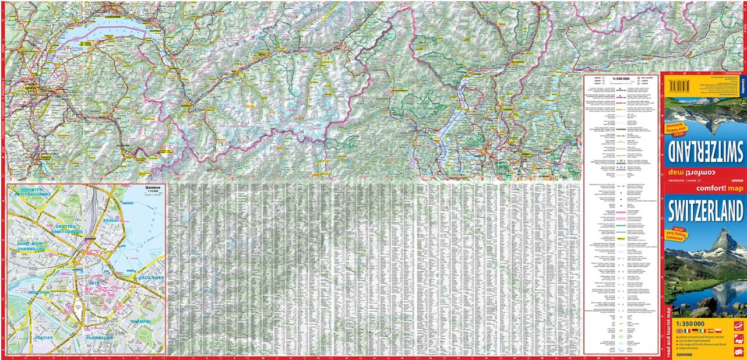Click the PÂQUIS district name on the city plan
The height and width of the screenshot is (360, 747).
coord(110,221)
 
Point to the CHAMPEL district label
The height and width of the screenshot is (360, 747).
coord(140,321)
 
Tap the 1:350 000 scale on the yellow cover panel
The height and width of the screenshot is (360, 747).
coord(690,323)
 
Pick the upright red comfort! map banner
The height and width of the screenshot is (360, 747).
coord(705,189)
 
